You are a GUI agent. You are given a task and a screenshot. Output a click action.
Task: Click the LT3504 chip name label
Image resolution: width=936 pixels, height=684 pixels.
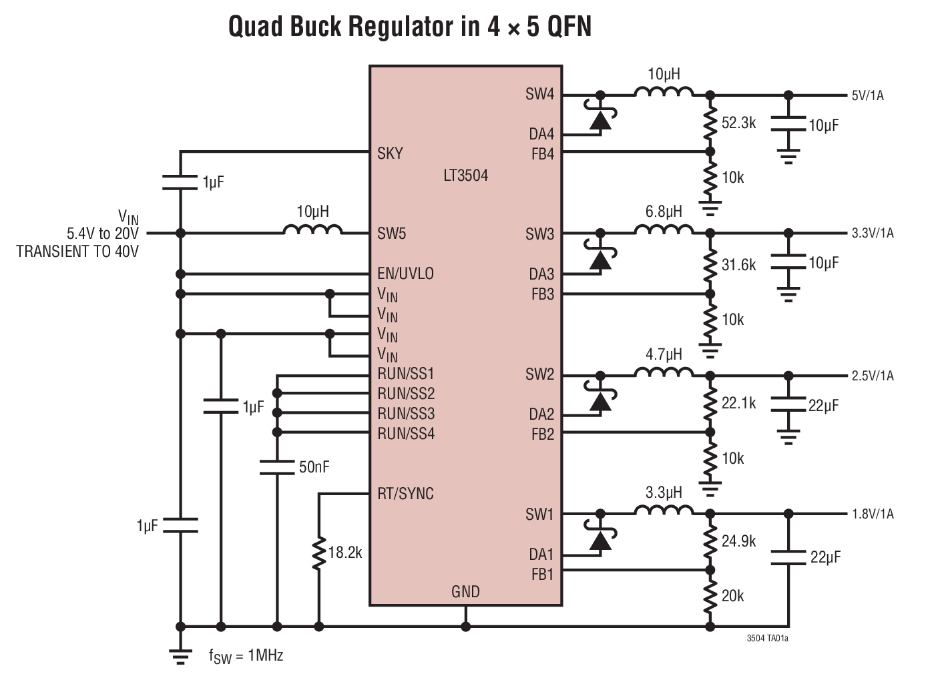pos(465,176)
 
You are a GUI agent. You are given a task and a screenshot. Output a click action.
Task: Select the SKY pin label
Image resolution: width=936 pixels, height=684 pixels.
pos(390,153)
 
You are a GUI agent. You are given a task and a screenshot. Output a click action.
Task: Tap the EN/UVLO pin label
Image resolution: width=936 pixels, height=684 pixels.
pos(405,274)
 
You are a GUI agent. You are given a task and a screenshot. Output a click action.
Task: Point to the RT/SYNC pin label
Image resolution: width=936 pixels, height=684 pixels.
pos(405,494)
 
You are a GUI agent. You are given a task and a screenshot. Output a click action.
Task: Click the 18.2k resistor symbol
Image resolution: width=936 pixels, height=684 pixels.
pos(319,553)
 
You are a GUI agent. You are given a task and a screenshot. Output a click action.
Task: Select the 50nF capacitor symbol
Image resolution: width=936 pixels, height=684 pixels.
pos(276,466)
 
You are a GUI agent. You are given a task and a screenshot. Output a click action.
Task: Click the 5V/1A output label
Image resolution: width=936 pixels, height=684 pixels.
pos(868,95)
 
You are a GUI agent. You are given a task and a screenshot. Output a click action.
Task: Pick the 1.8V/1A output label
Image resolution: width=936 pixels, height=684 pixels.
pos(872,514)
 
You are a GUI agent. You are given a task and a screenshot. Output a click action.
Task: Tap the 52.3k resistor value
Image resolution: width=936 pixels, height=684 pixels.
pos(738,123)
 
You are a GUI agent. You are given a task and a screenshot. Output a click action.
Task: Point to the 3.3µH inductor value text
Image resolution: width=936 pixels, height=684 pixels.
pos(664,493)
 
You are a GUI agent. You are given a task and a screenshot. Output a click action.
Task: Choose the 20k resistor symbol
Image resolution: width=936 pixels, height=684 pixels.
pos(710,596)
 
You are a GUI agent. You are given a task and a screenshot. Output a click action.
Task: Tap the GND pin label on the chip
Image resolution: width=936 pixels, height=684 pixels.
pos(465,591)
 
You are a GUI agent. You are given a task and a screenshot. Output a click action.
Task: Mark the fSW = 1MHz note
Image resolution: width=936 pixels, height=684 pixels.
pos(246,656)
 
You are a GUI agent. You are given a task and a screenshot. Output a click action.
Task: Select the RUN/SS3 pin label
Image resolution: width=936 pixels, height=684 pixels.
pos(406,414)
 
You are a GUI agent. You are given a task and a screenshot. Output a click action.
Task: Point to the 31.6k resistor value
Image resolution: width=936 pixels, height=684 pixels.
pos(738,265)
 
